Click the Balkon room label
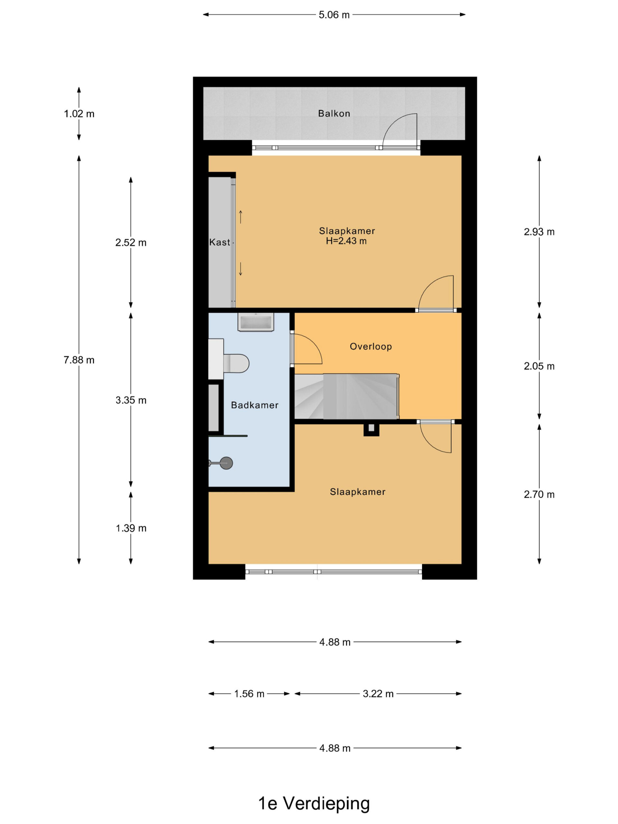point(334,113)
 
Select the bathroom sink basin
point(256,322)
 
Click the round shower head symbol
point(226,463)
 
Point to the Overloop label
point(371,346)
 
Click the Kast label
point(220,242)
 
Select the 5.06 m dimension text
point(334,15)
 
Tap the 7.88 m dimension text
point(79,360)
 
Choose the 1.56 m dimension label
point(249,694)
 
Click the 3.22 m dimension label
point(378,694)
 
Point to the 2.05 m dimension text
point(539,366)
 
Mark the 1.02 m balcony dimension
point(79,114)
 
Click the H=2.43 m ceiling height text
point(346,241)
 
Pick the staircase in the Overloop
point(347,396)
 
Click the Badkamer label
point(255,405)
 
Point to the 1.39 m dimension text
point(131,528)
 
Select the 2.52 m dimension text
point(131,242)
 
